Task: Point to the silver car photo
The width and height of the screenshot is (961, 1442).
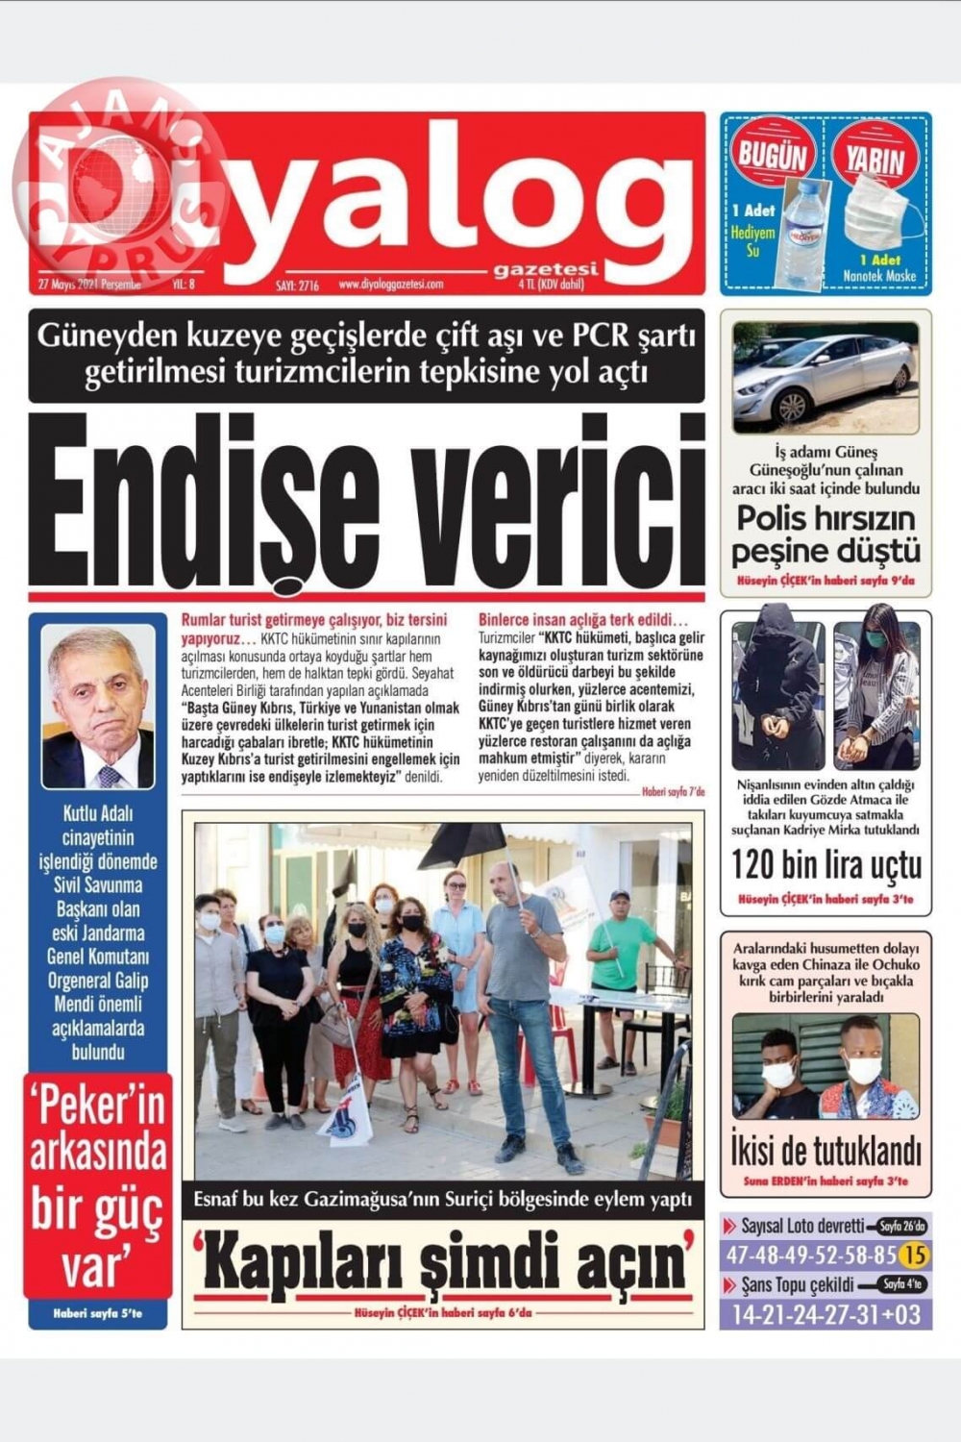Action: point(825,378)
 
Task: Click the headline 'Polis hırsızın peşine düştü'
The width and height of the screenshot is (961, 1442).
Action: point(825,535)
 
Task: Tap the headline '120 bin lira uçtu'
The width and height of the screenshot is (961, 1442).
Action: point(825,864)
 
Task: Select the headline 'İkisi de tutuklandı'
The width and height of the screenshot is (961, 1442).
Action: point(825,1149)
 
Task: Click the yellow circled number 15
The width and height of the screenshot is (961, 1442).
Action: point(916,1255)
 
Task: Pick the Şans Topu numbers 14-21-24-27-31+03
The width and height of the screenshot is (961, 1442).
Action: point(825,1314)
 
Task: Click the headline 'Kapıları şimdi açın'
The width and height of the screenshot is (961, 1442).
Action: point(443,1262)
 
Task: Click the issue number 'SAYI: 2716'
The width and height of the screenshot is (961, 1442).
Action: point(297,285)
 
